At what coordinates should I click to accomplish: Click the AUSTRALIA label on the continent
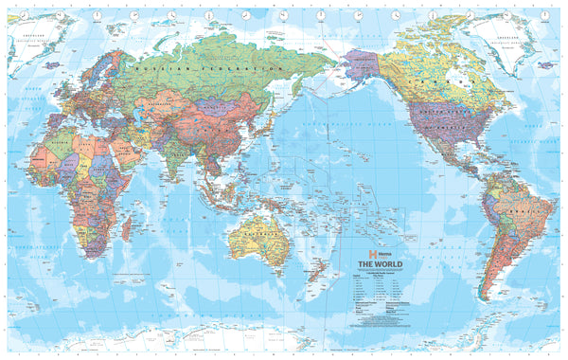(x=257, y=231)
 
